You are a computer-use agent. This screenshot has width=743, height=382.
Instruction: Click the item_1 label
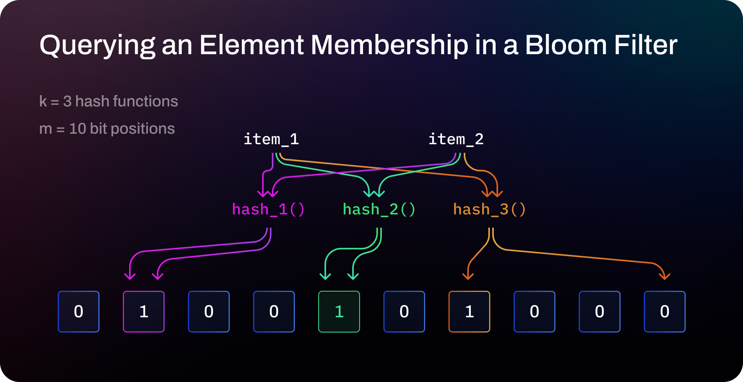[x=271, y=139]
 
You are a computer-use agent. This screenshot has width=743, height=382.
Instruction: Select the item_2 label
[x=456, y=139]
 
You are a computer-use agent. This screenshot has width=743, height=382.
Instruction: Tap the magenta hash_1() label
[x=268, y=209]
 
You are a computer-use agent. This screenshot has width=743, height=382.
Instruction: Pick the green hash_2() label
[x=379, y=209]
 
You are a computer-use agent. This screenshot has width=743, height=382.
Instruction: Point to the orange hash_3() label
[x=489, y=209]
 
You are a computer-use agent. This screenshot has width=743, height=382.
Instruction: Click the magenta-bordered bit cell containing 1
[x=144, y=311]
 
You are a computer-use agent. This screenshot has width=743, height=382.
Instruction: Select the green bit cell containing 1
[x=339, y=311]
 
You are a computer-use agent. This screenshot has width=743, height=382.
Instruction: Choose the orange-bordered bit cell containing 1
[x=469, y=311]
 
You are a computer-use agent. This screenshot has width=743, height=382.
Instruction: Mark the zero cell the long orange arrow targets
[x=665, y=311]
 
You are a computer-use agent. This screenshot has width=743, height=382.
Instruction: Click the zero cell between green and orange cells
[x=404, y=311]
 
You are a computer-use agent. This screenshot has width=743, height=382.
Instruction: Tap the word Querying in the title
[x=97, y=46]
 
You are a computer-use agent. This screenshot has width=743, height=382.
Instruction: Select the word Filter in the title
[x=645, y=45]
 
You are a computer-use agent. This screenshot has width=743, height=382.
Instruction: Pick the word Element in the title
[x=252, y=45]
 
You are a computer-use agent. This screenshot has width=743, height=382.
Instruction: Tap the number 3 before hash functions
[x=67, y=101]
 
